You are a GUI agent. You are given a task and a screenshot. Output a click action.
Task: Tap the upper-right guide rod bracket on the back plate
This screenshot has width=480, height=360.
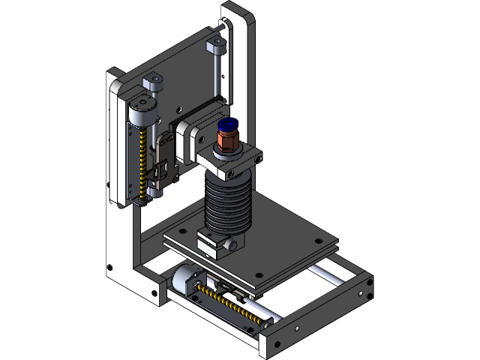(x=217, y=45)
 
